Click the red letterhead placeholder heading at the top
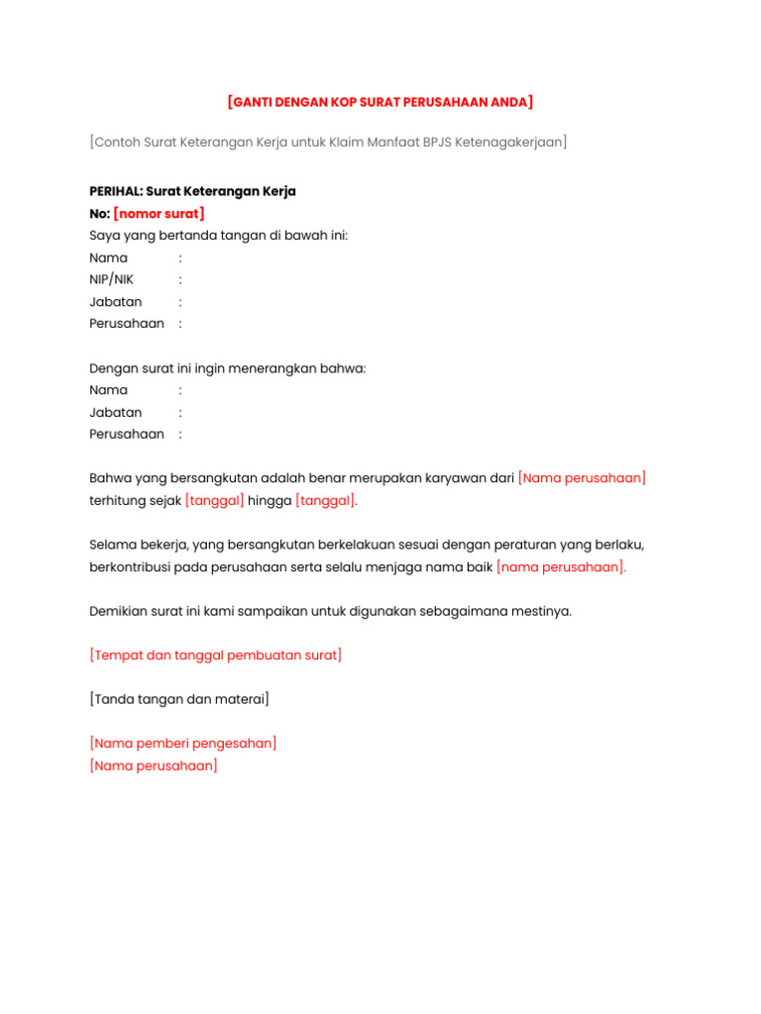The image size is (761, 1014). click(x=380, y=102)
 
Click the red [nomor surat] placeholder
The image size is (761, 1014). click(x=159, y=214)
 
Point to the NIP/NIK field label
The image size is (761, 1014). click(x=111, y=279)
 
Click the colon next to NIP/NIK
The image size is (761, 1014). click(x=180, y=280)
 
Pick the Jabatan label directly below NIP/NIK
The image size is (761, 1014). click(x=115, y=302)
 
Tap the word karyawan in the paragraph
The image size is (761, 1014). click(x=457, y=478)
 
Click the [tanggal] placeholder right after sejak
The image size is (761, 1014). click(x=214, y=501)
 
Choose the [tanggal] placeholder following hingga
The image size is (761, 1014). click(x=324, y=501)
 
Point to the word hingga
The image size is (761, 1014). click(x=270, y=501)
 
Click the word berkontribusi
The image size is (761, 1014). click(x=132, y=567)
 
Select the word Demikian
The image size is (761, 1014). click(x=121, y=611)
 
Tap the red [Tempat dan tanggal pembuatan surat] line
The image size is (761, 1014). click(x=215, y=656)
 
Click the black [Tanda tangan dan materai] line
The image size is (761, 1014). click(x=178, y=699)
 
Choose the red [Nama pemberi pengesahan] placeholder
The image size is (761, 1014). click(x=182, y=743)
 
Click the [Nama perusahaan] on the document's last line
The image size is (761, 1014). click(x=153, y=765)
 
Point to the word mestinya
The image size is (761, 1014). click(x=542, y=611)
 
